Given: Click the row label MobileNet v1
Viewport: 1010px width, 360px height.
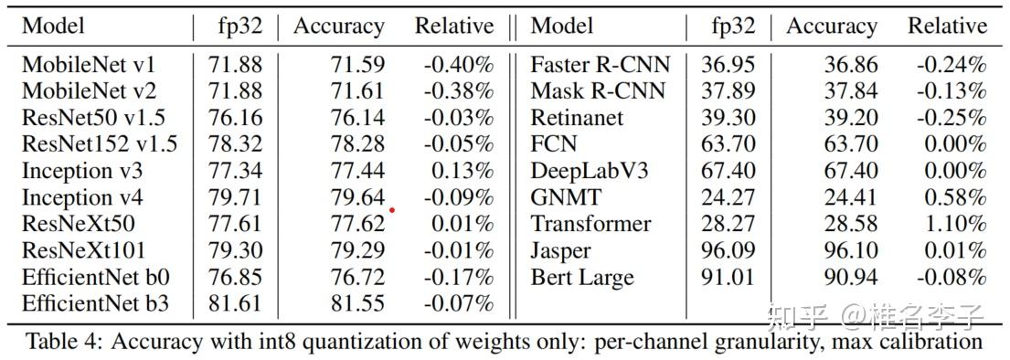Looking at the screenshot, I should coord(89,65).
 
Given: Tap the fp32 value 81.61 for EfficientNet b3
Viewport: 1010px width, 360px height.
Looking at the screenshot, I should coord(235,304).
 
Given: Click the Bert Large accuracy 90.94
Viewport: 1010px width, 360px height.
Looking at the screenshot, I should coord(849,278).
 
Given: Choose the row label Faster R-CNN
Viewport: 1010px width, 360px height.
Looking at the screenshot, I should coord(600,65).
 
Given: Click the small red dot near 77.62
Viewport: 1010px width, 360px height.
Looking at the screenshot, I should coord(392,210).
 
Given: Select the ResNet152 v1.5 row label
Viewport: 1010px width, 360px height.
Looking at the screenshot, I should coord(100,144).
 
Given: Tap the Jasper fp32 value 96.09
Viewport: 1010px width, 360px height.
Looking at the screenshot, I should coord(728,251).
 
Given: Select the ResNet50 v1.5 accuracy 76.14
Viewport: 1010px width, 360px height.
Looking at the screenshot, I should coord(357,118).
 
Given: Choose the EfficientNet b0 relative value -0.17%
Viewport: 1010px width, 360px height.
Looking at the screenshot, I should coord(458,278).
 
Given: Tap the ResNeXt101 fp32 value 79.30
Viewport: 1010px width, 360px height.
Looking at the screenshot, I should coord(235,251).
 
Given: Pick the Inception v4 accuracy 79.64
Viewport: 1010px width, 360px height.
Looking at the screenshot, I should coord(357,197).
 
